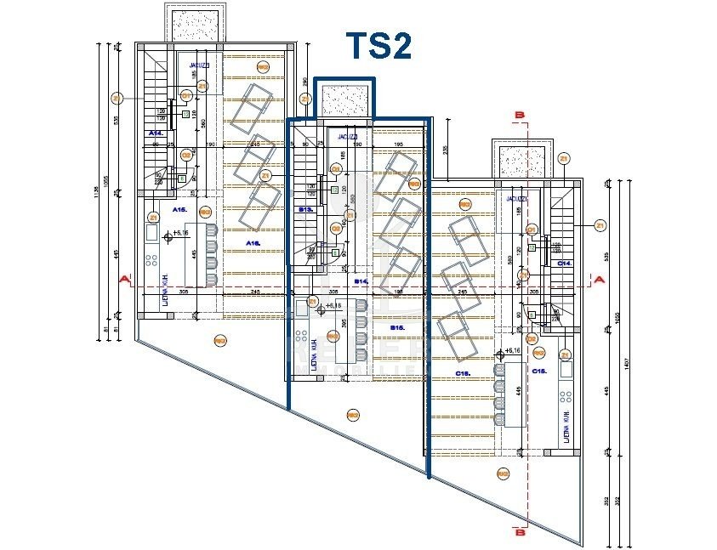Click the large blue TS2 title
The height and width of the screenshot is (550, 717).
378,47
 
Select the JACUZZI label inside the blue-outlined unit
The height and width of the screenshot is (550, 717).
345,136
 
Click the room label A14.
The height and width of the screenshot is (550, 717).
156,134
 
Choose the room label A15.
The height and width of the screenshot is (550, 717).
179,208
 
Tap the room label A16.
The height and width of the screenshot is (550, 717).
253,243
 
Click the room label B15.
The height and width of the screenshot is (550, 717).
397,327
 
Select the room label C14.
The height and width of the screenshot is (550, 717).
564,264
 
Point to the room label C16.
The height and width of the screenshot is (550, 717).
464,372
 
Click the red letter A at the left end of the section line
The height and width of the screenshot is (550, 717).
124,279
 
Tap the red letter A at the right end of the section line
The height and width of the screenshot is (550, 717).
600,279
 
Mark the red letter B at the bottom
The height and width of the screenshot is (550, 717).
521,532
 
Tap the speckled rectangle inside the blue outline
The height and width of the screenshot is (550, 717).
345,100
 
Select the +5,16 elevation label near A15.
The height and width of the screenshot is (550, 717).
179,232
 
